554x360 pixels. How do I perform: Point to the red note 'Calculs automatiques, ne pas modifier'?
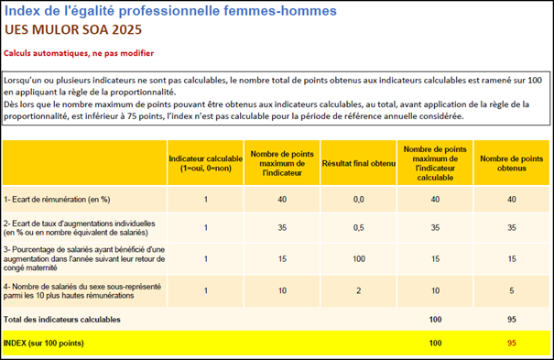click(x=79, y=52)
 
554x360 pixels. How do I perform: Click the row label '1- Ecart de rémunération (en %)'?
click(x=58, y=199)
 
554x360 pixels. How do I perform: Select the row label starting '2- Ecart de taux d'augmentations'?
click(x=79, y=227)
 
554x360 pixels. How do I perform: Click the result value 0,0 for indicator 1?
click(x=359, y=199)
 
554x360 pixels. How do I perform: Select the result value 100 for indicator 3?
click(x=359, y=258)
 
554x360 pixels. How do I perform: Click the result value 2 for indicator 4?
click(x=359, y=291)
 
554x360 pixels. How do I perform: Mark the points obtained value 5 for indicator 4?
click(x=513, y=291)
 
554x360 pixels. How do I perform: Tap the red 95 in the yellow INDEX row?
click(x=513, y=343)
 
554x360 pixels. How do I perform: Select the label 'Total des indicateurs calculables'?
click(x=63, y=319)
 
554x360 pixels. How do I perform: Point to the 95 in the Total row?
click(x=513, y=319)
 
